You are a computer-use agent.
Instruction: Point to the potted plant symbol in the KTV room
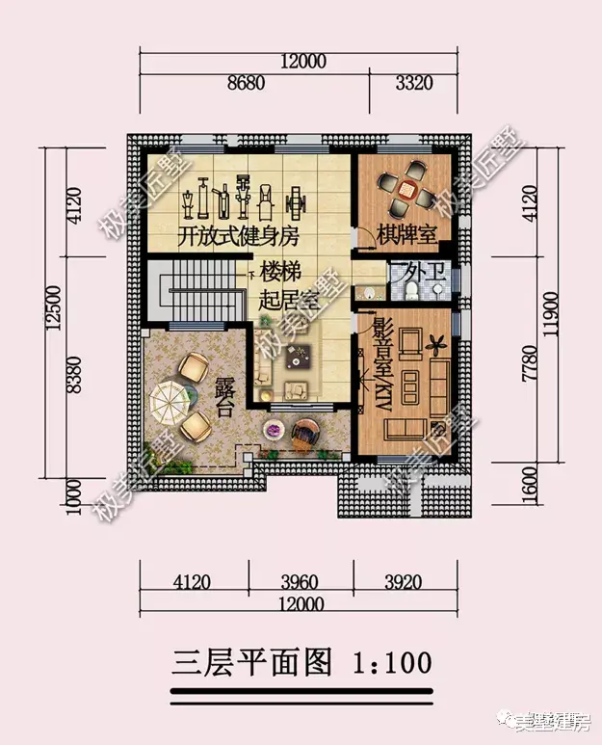point(438,340)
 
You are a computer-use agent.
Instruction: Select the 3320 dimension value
point(414,84)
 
